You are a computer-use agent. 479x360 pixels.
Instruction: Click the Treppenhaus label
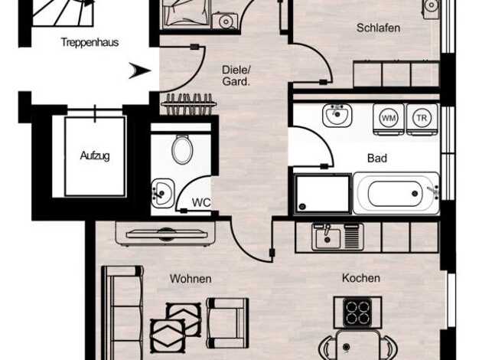point(90,42)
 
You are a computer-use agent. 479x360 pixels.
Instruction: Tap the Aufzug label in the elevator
point(95,155)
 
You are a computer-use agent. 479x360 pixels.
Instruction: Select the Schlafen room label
point(378,28)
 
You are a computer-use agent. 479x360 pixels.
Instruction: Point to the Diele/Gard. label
point(236,76)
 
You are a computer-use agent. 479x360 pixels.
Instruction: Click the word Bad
point(377,158)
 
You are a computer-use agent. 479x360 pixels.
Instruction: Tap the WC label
point(201,202)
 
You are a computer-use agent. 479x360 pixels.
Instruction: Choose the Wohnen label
point(191,279)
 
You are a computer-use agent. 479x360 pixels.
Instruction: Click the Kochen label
point(361,278)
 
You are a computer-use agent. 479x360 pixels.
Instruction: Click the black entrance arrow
point(139,70)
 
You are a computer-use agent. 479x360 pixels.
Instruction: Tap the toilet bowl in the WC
point(182,149)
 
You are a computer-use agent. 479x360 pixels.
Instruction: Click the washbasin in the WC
point(163,193)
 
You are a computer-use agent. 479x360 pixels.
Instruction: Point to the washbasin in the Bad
point(337,115)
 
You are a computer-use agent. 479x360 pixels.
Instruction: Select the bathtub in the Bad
point(396,193)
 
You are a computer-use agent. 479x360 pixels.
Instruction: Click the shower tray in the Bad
point(323,194)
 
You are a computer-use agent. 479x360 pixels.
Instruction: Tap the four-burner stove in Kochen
point(357,313)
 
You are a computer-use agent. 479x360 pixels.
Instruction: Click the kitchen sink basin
point(327,238)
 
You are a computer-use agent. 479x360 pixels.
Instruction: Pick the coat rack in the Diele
point(188,104)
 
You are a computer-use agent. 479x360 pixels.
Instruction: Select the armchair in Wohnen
point(227,323)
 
